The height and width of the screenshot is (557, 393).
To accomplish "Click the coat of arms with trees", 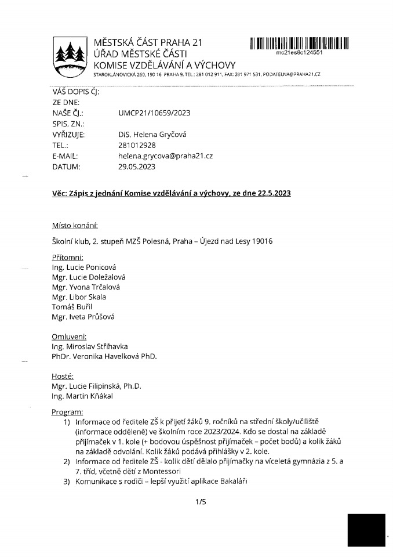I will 69,56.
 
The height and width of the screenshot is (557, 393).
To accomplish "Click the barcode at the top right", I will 299,43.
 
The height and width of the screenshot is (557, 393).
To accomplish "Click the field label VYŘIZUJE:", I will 68,135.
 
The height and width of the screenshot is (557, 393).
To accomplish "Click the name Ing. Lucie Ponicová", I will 85,267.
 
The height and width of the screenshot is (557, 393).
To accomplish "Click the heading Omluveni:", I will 70,336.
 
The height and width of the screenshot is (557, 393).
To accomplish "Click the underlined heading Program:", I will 68,411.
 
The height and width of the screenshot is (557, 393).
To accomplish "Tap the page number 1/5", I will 201,502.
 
